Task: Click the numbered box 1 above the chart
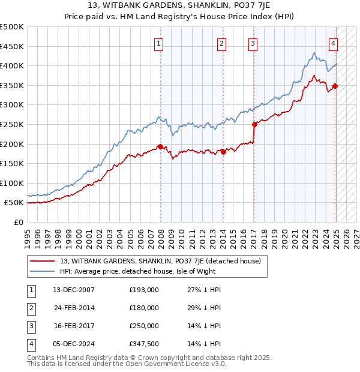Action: [159, 43]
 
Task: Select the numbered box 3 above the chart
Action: [253, 43]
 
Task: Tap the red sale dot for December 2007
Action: [160, 146]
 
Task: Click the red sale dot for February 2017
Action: [254, 124]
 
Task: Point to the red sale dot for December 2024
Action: [335, 86]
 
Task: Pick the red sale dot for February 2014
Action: [223, 152]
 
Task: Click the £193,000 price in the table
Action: [144, 290]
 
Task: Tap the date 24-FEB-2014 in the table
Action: [74, 308]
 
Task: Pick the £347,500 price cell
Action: [144, 344]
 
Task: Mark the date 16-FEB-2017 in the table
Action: [74, 326]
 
